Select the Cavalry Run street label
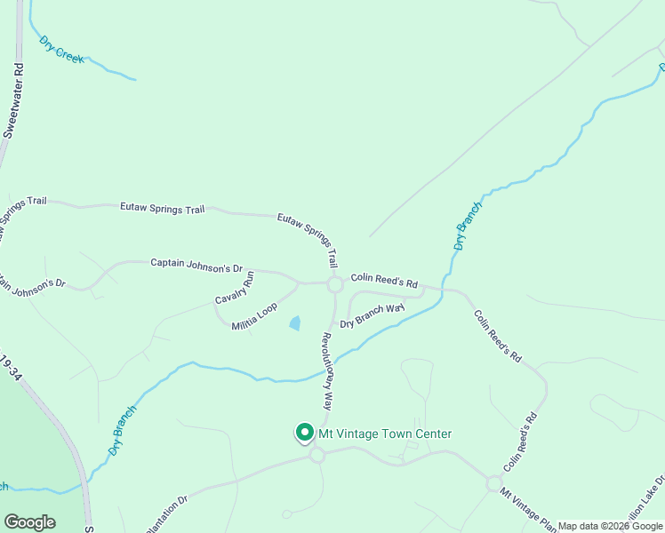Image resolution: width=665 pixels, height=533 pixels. coord(234,287)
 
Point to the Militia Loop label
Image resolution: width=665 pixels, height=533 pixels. coord(254,317)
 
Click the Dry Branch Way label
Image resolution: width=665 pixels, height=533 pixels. coord(372,314)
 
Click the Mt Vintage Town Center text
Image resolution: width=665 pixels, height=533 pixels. coord(386,434)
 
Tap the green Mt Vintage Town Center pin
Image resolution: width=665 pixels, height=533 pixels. coord(304,433)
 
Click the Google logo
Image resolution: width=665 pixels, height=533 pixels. coord(29,522)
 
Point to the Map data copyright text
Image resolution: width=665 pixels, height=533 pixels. coord(610,526)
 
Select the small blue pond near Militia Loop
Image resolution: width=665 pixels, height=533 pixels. coord(295,323)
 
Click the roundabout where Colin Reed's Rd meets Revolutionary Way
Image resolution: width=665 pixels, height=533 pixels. coord(335,284)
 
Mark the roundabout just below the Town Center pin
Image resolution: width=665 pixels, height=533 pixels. coord(316,455)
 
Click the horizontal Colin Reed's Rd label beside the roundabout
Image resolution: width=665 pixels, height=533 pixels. coord(383,279)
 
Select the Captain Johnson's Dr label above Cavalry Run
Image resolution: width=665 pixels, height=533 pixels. coord(196,263)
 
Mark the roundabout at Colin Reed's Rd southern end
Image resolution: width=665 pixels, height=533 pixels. coord(493,483)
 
